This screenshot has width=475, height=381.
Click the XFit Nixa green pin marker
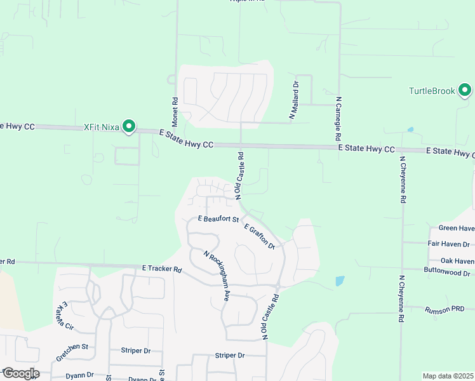129,127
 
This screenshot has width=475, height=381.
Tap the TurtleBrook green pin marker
465,91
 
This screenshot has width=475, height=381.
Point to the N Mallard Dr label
295,100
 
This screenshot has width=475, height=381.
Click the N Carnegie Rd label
339,119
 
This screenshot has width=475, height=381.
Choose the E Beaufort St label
218,219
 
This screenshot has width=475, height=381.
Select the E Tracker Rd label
162,269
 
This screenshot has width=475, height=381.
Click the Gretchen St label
71,348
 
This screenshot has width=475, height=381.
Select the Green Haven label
456,229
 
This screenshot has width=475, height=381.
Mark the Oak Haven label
457,260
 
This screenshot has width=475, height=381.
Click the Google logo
20,373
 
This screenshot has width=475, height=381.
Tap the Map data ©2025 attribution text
447,376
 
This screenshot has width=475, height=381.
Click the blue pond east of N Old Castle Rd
340,280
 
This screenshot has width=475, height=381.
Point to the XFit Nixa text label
102,127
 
